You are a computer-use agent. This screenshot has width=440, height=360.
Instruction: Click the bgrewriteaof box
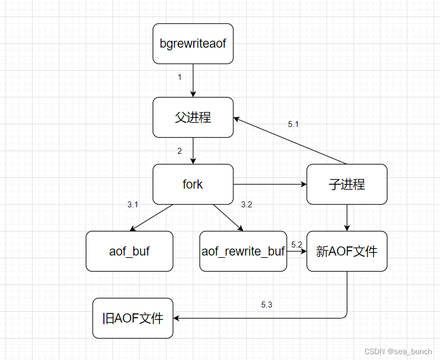[193, 43]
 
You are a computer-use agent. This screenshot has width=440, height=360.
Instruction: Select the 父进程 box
[193, 117]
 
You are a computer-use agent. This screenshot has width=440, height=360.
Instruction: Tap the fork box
[193, 184]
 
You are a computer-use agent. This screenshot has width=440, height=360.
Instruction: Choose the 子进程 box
[346, 184]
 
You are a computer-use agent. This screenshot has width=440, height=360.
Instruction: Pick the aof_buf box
[130, 251]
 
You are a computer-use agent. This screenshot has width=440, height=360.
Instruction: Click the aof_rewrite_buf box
[242, 251]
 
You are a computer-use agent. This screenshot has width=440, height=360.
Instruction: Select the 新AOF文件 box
[346, 251]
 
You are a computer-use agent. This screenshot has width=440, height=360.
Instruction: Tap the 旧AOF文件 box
[133, 318]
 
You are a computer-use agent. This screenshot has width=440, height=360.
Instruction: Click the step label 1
[179, 77]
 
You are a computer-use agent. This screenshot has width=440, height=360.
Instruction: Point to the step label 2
[180, 151]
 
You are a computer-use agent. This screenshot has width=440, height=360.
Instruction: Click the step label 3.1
[133, 205]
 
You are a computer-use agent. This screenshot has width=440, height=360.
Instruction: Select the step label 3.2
[246, 205]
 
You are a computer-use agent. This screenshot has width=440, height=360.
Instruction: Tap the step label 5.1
[293, 124]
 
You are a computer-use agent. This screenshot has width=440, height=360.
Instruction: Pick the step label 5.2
[297, 245]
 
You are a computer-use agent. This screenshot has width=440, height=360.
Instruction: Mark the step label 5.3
[267, 305]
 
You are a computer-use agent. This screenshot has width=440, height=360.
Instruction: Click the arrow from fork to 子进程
[270, 184]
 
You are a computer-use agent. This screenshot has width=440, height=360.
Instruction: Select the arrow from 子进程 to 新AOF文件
[347, 217]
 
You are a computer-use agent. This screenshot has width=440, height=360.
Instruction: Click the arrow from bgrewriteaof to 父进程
[193, 80]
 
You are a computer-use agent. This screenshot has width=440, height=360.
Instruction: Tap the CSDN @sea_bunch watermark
[398, 351]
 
